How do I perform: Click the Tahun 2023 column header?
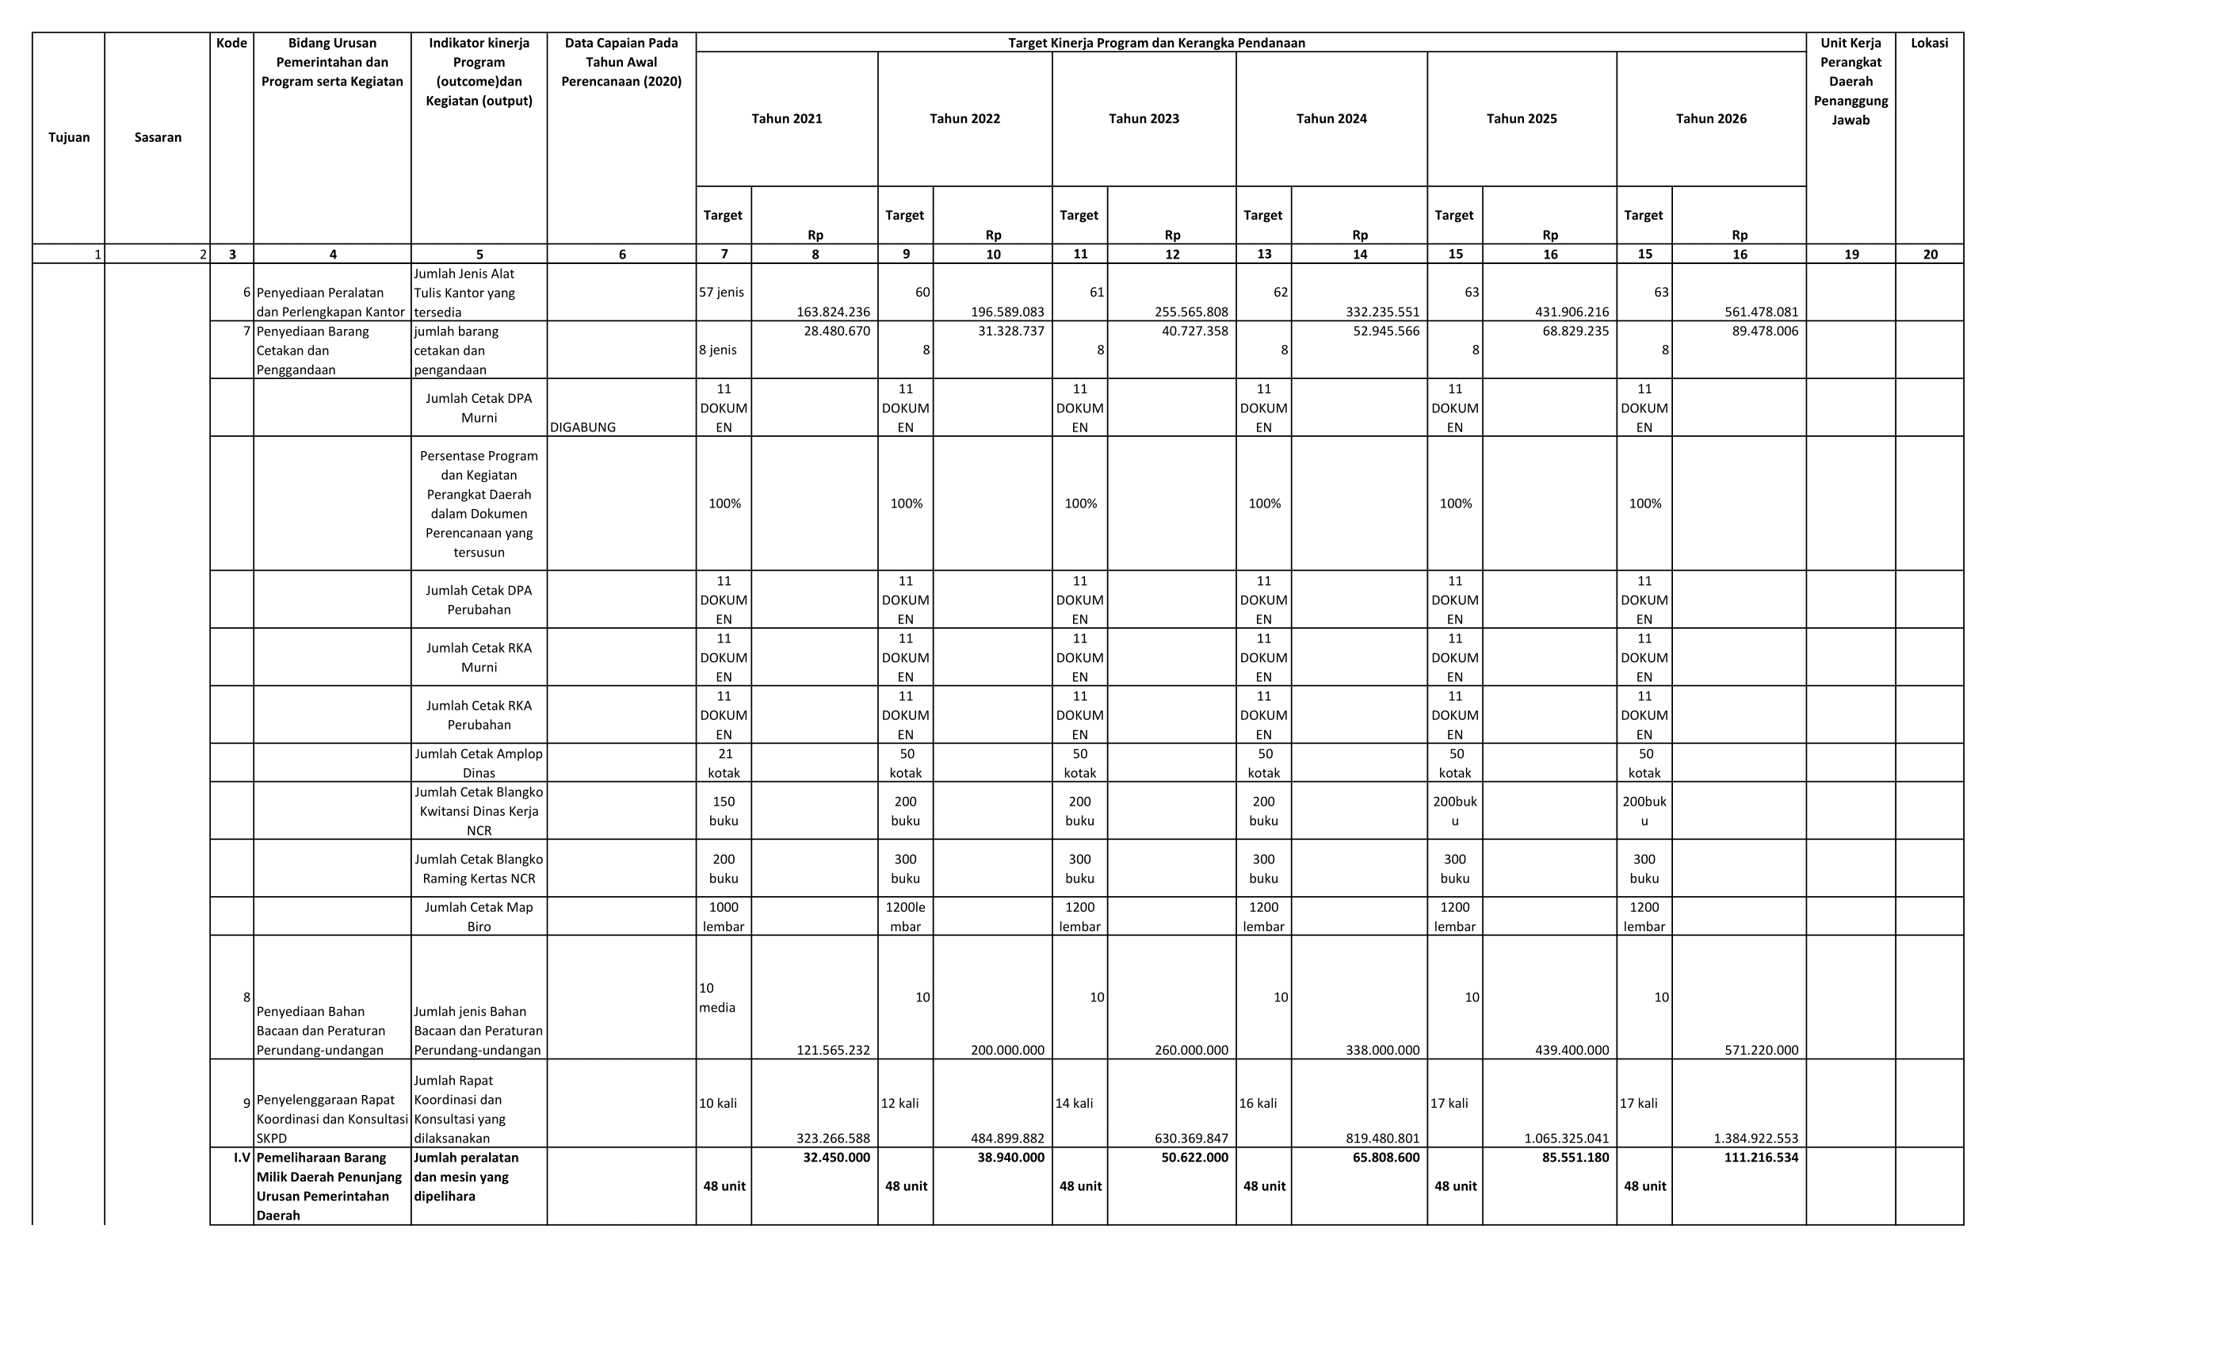point(1144,119)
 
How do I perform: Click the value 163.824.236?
point(833,312)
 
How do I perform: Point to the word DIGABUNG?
point(582,428)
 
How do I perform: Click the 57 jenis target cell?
point(721,293)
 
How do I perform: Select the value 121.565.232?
point(833,1051)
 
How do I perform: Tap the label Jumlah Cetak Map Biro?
point(479,917)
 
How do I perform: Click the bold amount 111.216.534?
point(1761,1158)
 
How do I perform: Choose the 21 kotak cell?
point(724,763)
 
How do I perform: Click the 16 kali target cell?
point(1258,1104)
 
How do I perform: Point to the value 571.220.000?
point(1761,1051)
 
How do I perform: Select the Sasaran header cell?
point(158,138)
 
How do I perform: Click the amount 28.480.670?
point(837,331)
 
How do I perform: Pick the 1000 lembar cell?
point(724,917)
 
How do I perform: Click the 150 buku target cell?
point(724,811)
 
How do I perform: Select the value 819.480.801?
point(1382,1138)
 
